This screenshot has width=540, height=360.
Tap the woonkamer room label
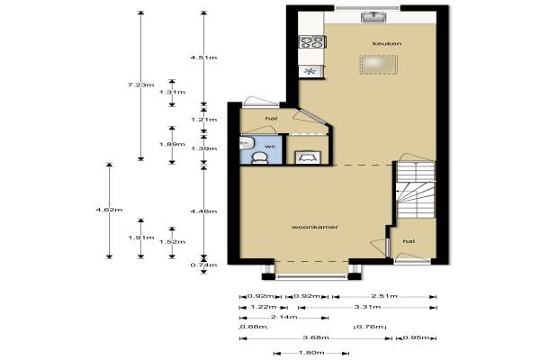[315, 227]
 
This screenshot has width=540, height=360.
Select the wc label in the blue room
[270, 147]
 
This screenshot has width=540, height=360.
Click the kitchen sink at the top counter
[373, 16]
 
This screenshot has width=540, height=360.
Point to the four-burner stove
[312, 42]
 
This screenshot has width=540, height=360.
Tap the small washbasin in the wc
[246, 142]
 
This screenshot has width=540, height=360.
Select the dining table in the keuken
[379, 65]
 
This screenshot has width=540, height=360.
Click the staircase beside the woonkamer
[415, 190]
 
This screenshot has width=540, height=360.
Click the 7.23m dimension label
[141, 85]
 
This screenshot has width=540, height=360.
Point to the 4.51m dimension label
[204, 58]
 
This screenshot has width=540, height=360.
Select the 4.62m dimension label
[109, 210]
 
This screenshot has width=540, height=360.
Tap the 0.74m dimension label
[204, 265]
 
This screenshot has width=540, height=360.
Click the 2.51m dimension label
[384, 296]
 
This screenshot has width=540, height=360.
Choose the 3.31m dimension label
[367, 307]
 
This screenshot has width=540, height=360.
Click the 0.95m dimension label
[416, 337]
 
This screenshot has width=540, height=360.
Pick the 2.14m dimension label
[283, 318]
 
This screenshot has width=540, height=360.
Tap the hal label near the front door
[409, 241]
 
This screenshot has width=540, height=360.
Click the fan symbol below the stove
[310, 72]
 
